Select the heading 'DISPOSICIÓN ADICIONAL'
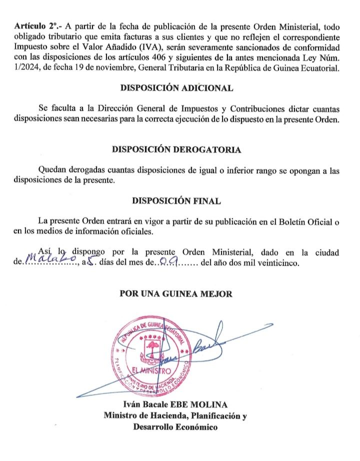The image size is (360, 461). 176,88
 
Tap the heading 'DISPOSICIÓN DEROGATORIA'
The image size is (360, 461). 176,150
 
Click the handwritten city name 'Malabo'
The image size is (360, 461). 50,258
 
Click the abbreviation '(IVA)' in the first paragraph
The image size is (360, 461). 152,47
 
